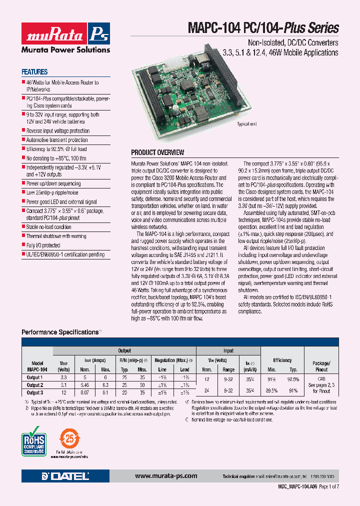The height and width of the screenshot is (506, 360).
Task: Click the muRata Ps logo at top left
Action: (65, 36)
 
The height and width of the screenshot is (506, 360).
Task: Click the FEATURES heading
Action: (34, 72)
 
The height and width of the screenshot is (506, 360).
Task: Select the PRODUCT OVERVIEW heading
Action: (157, 152)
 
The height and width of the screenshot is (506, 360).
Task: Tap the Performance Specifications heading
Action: (60, 332)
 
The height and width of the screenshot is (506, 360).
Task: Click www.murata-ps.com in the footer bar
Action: (166, 476)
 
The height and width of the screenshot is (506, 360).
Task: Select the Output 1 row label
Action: (34, 377)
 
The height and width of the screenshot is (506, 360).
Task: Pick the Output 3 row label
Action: (34, 392)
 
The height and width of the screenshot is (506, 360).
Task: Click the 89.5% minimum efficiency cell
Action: (271, 390)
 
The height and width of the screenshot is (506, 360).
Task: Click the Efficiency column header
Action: (282, 360)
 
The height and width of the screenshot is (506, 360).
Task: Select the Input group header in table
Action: (228, 351)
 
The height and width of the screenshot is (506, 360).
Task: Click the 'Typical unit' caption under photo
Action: (246, 124)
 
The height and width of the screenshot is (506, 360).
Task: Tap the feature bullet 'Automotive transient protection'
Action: (56, 140)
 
